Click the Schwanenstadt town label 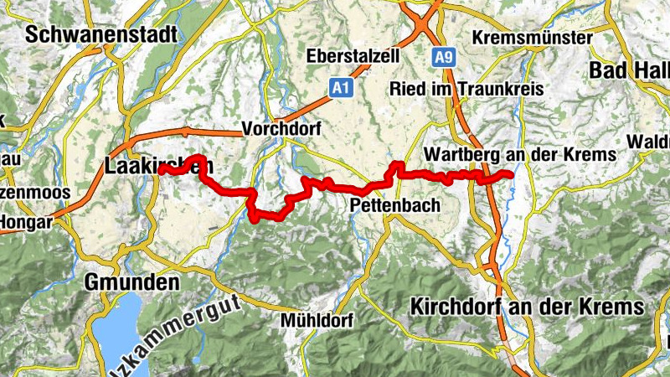(x=101, y=35)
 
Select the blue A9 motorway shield (x=443, y=57)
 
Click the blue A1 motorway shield (x=338, y=87)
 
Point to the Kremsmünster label (x=532, y=39)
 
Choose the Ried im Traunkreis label (x=466, y=89)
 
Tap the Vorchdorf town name (x=281, y=129)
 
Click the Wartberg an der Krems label (x=519, y=155)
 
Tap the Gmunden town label (x=132, y=282)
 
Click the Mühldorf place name (x=317, y=320)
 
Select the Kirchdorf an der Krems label (x=527, y=307)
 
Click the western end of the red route (x=159, y=168)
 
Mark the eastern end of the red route (x=510, y=174)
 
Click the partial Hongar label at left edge (x=25, y=223)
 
